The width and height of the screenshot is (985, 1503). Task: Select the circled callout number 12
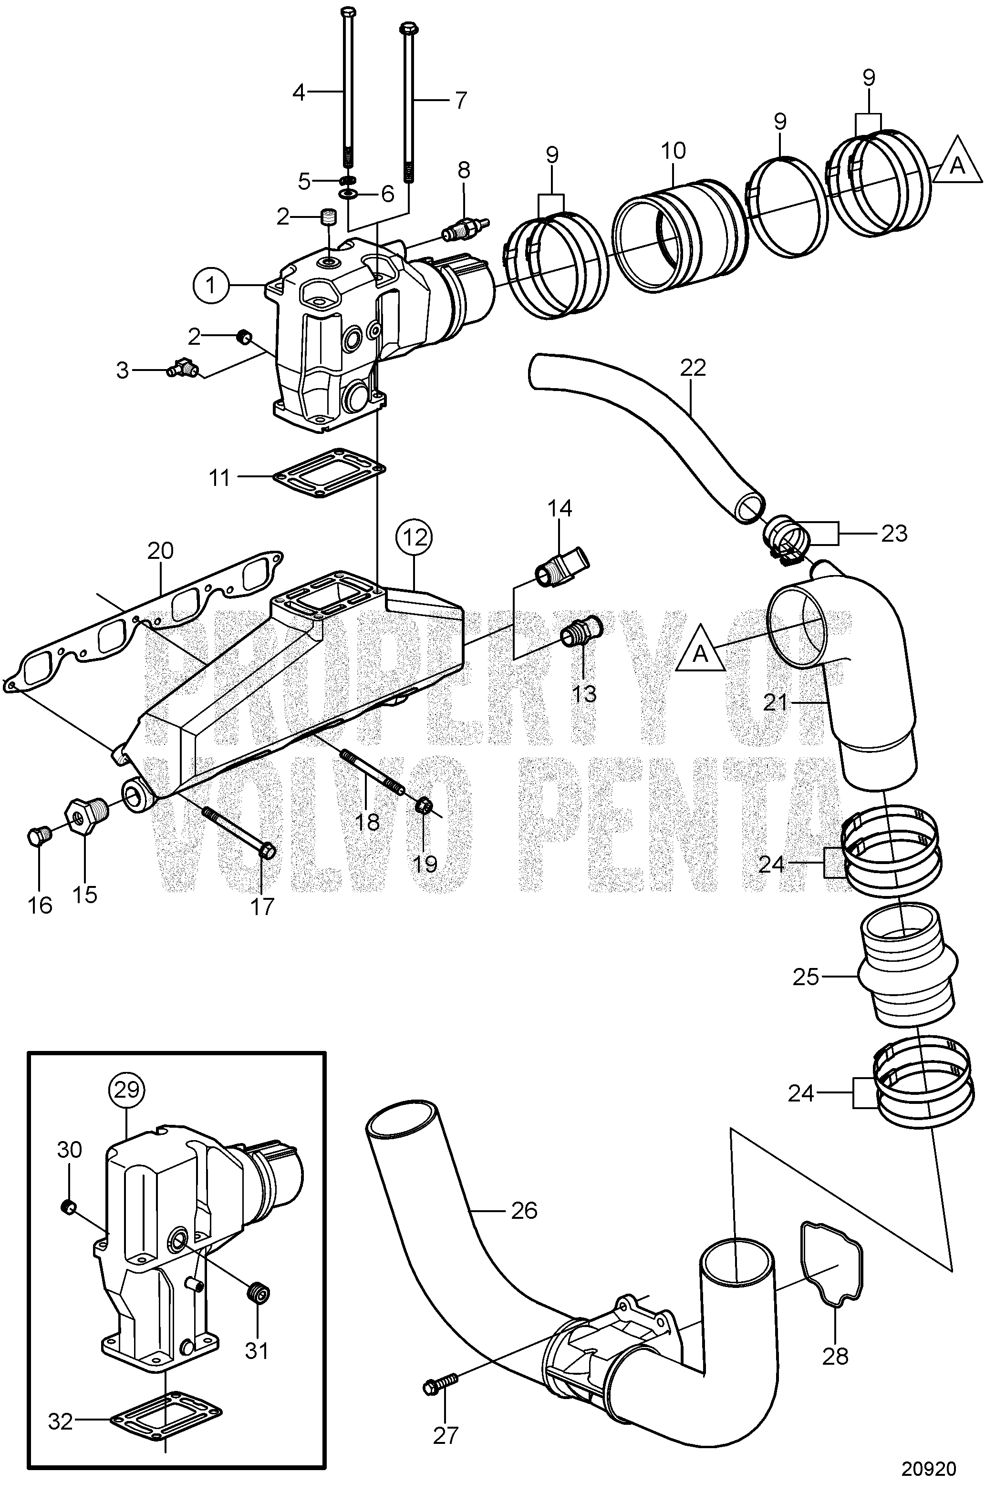[x=415, y=537]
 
